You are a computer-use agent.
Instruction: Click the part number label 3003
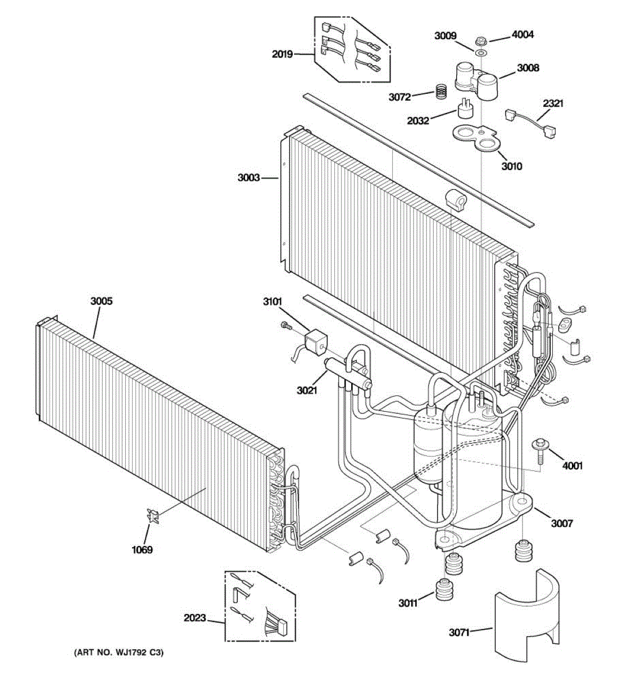[248, 178]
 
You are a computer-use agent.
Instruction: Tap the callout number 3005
[101, 301]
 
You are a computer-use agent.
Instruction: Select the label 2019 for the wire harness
[282, 54]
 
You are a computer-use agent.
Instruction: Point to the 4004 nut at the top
[480, 40]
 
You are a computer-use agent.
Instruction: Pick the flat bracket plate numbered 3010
[475, 137]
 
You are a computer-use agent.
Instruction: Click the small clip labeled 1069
[152, 516]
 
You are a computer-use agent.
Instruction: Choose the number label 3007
[561, 523]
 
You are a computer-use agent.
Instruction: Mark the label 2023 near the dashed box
[194, 618]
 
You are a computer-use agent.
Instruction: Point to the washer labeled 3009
[480, 53]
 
